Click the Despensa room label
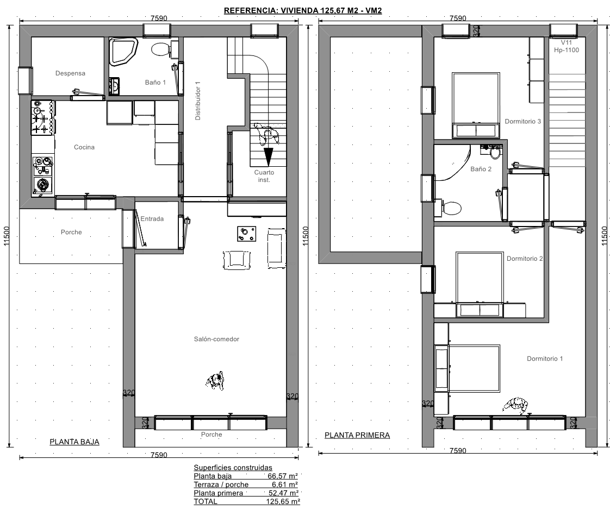point(70,73)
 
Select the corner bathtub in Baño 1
point(123,51)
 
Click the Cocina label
point(84,147)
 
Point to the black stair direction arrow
point(268,156)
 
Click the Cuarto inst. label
point(264,176)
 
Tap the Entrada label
point(152,219)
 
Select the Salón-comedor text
point(217,339)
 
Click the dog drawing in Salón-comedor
point(215,380)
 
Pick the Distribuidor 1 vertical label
point(198,100)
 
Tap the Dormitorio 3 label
point(523,121)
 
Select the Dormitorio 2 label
point(525,259)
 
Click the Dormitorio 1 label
point(545,359)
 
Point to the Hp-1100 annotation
point(567,50)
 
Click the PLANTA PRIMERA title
point(357,435)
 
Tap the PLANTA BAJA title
point(74,442)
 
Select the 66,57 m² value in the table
point(283,476)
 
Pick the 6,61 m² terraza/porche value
point(285,485)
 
